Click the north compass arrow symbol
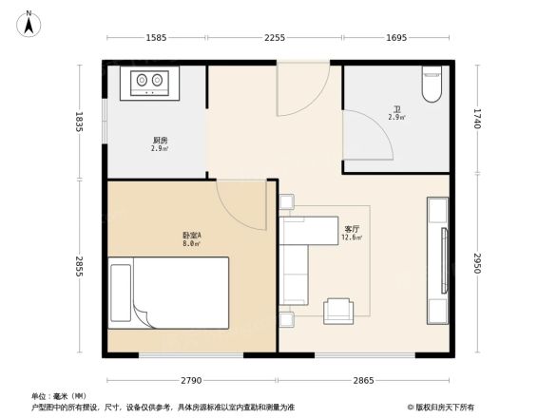(29, 22)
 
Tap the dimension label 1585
(157, 38)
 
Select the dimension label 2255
(274, 38)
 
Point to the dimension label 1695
(396, 38)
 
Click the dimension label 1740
(477, 119)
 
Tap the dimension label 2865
(366, 380)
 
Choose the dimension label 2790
(191, 380)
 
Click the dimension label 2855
(80, 266)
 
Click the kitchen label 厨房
(160, 141)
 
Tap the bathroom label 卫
(396, 109)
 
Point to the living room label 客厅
(351, 229)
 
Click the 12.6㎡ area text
(351, 238)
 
